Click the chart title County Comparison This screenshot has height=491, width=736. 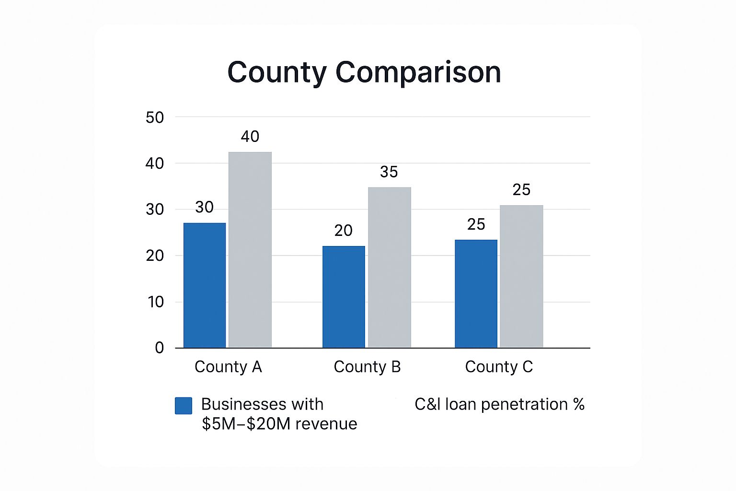(364, 72)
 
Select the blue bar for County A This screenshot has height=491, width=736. (205, 285)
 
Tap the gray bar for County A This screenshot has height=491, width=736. (250, 250)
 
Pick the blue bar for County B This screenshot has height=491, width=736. (344, 297)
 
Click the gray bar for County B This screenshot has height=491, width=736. (390, 268)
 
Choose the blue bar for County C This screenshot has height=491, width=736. (476, 293)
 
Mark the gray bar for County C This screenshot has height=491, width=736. (521, 276)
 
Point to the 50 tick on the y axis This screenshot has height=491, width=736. (155, 117)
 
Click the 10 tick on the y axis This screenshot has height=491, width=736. (156, 302)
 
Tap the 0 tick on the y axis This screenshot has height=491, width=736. (160, 348)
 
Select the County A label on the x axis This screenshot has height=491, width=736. (228, 367)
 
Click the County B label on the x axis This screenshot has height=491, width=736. (367, 367)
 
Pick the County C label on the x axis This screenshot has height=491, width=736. (499, 367)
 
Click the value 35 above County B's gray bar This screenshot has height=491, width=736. (389, 172)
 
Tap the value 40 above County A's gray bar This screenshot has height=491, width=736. (250, 137)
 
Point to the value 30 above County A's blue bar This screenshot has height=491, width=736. (204, 207)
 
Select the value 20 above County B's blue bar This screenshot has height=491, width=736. (343, 231)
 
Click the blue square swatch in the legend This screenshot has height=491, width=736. (184, 406)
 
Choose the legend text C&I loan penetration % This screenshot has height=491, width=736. (499, 405)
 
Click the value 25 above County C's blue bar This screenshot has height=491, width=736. (476, 224)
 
